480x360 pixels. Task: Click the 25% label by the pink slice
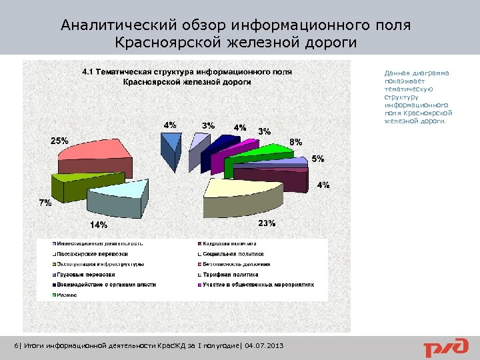[59, 141]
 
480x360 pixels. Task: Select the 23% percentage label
[267, 223]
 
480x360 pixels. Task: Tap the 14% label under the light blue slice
[99, 225]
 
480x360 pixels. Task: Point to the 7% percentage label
[45, 203]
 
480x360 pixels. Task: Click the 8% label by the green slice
[295, 142]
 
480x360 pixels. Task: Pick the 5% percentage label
[317, 159]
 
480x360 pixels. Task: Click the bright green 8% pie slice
[257, 157]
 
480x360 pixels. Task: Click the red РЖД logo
[443, 347]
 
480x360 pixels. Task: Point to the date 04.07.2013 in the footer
[264, 346]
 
